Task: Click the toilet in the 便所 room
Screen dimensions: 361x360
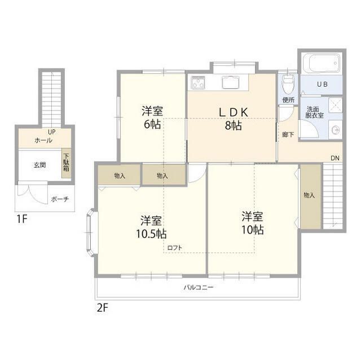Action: click(288, 82)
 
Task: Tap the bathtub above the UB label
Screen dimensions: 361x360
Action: click(322, 63)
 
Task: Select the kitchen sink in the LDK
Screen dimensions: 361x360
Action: click(231, 82)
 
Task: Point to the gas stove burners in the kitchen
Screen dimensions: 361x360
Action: click(198, 82)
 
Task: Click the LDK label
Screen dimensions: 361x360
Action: click(233, 113)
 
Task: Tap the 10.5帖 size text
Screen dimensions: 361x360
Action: click(151, 234)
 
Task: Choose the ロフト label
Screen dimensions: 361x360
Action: click(174, 247)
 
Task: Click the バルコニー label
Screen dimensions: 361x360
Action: click(199, 287)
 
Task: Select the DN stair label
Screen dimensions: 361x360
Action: click(335, 158)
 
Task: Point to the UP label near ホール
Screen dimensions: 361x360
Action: click(52, 132)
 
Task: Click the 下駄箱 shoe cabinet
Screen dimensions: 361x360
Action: click(67, 162)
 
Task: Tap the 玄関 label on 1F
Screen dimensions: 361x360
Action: click(39, 165)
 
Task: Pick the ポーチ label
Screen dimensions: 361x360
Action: click(60, 199)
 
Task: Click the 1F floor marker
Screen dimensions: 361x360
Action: click(22, 219)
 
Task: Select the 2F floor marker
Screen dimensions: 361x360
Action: click(103, 308)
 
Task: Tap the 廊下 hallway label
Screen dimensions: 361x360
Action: click(288, 134)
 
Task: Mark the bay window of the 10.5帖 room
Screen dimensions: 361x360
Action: click(90, 232)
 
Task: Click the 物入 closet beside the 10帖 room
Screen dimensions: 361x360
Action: click(311, 196)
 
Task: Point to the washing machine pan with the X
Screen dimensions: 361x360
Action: click(335, 105)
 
